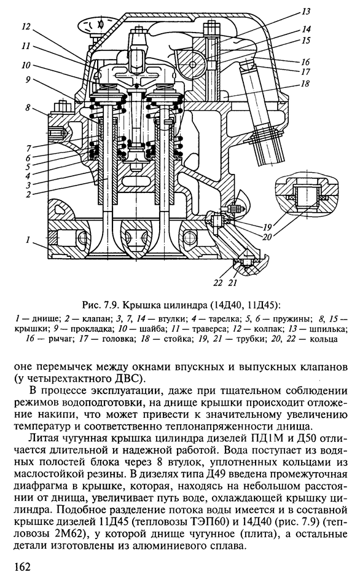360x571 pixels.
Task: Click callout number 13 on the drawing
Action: pos(306,12)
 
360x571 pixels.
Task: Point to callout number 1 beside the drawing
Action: pos(27,239)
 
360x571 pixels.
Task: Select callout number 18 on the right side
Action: pos(305,84)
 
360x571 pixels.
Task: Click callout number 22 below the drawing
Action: pos(218,283)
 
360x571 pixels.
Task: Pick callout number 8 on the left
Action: pos(28,108)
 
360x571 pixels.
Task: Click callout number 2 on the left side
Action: pos(28,194)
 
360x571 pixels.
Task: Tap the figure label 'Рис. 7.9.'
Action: pos(97,303)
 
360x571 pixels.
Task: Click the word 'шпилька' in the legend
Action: pos(332,330)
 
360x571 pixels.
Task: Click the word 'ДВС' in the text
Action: pos(129,378)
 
